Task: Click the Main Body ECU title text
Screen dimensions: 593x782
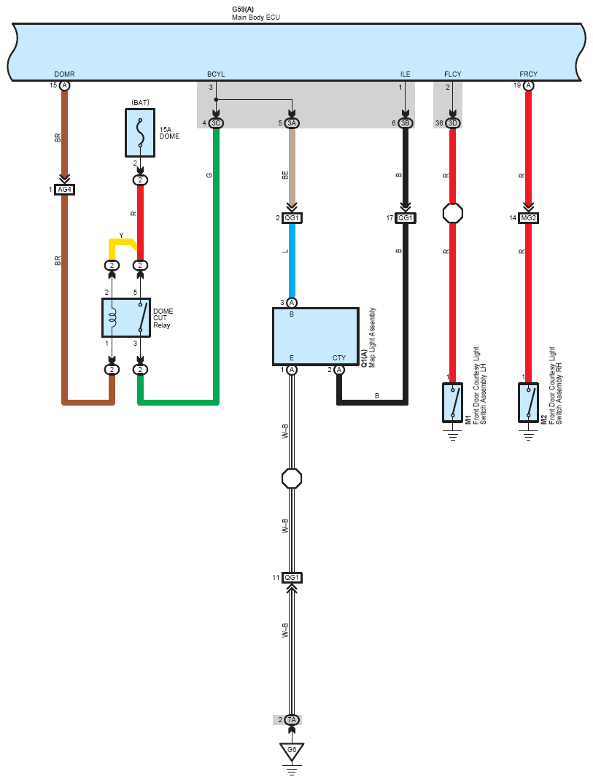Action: coord(256,18)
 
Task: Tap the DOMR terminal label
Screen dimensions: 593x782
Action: coord(64,74)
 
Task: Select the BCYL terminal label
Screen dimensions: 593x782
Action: coord(216,74)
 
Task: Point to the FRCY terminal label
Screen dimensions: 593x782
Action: coord(528,74)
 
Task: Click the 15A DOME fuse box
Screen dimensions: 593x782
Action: coord(140,133)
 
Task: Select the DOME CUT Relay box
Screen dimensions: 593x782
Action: coord(126,318)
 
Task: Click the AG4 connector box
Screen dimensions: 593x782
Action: coord(64,190)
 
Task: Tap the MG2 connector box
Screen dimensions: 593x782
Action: coord(528,218)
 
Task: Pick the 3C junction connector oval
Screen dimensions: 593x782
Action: coord(216,123)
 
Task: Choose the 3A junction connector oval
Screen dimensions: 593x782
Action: coord(292,123)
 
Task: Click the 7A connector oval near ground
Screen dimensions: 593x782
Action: coord(292,720)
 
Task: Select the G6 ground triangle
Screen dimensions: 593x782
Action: coord(292,750)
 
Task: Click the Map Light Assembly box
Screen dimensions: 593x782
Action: coord(316,336)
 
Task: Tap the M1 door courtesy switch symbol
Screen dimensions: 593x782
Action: coord(452,403)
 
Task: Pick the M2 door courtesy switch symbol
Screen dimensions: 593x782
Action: coord(528,403)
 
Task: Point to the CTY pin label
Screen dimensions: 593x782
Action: coord(338,358)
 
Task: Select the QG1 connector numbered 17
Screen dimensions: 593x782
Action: coord(406,218)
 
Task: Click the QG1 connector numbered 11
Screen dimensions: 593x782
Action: coord(292,578)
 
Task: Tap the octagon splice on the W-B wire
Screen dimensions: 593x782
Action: coord(292,479)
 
